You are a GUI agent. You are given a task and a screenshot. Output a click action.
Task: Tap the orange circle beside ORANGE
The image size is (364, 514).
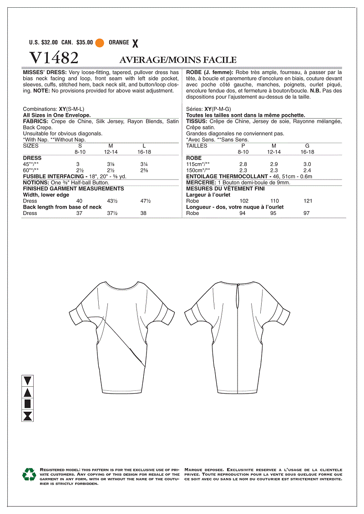click(x=100, y=43)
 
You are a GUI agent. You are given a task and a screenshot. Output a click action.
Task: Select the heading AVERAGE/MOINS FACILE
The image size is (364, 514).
click(x=178, y=60)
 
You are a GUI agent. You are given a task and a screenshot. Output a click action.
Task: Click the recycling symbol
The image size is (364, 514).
click(x=29, y=474)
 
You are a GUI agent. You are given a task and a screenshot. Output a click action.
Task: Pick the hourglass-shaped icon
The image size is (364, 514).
click(x=28, y=415)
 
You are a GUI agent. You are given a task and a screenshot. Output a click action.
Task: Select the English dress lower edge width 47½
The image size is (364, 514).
click(x=146, y=200)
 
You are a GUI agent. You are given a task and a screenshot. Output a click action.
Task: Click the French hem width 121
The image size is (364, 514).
click(x=308, y=200)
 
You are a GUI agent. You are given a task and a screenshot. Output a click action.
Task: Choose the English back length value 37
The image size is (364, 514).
click(x=79, y=213)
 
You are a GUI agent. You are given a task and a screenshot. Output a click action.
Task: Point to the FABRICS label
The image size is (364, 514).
click(x=35, y=122)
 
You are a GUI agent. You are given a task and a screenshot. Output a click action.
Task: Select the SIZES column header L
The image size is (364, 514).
click(x=144, y=146)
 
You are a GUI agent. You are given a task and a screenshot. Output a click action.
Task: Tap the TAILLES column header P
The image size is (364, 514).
click(x=243, y=146)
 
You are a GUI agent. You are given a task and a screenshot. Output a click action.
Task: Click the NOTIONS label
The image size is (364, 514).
click(x=36, y=182)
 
